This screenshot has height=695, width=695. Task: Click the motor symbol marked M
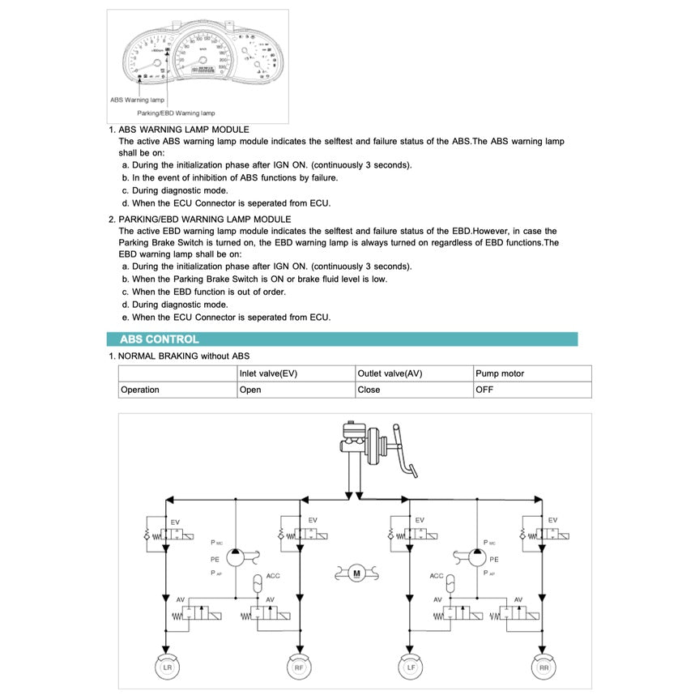(356, 574)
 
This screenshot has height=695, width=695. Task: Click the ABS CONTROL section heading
(159, 339)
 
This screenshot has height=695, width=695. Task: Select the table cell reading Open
(250, 390)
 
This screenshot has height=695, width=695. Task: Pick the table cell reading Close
(369, 390)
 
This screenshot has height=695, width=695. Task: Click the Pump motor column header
(500, 373)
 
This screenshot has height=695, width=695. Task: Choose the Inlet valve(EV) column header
(268, 373)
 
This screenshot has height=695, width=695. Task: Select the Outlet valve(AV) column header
(390, 373)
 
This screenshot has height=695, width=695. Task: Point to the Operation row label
(140, 390)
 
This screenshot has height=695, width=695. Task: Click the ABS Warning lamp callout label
(137, 100)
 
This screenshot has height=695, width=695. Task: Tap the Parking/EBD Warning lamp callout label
(176, 113)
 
